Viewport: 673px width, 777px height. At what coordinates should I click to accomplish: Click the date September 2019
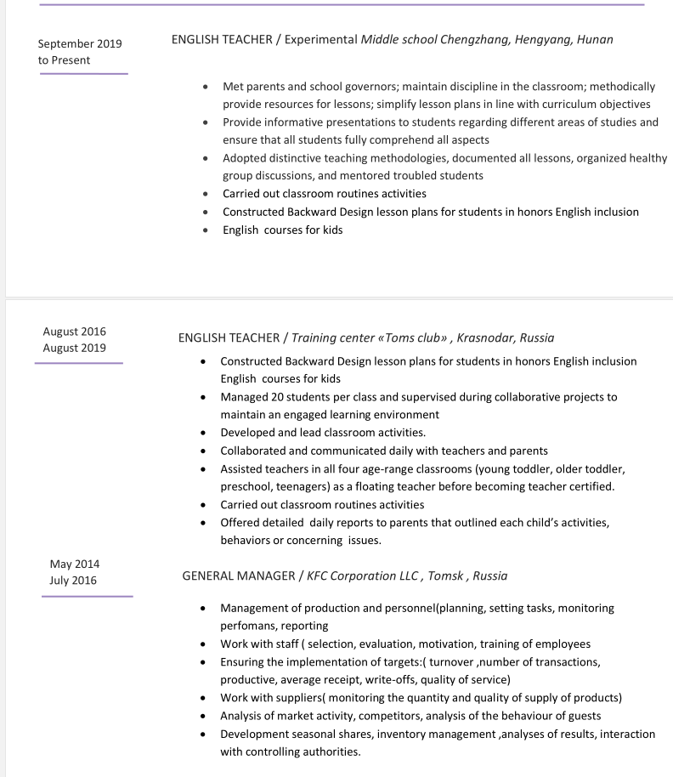[x=80, y=43]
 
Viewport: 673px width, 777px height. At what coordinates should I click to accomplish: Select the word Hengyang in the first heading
[x=542, y=39]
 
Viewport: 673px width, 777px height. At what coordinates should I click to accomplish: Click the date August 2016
[x=74, y=332]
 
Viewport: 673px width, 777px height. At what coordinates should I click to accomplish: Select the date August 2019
[x=74, y=348]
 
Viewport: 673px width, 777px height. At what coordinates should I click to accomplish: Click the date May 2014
[x=74, y=564]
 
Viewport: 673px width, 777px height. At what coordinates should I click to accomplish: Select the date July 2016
[x=73, y=581]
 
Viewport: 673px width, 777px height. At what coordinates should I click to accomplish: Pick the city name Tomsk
[x=445, y=576]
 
